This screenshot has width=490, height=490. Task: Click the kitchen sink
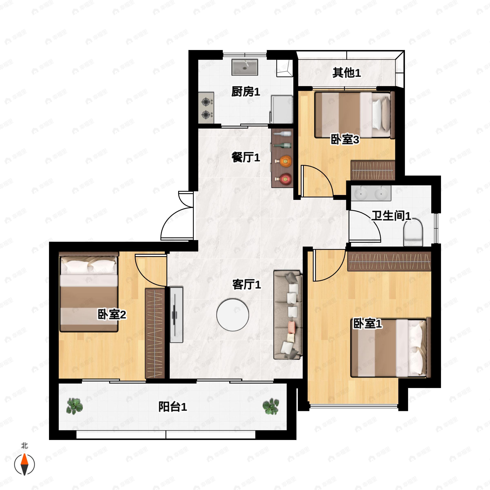(x=245, y=67)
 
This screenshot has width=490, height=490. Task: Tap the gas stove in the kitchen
(x=206, y=108)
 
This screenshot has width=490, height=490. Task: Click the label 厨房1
(x=245, y=91)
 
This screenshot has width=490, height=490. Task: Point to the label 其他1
(x=346, y=73)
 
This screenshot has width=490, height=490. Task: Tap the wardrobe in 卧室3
(x=373, y=170)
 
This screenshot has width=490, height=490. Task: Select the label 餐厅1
(x=245, y=157)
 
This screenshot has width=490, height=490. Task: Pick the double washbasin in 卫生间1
(x=371, y=193)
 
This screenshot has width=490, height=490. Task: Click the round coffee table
(x=233, y=315)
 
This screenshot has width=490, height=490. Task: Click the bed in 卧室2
(x=89, y=292)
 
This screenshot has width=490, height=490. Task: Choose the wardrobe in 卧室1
(x=389, y=261)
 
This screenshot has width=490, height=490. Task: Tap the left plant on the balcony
(x=74, y=406)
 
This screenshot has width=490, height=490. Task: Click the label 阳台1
(x=173, y=407)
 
